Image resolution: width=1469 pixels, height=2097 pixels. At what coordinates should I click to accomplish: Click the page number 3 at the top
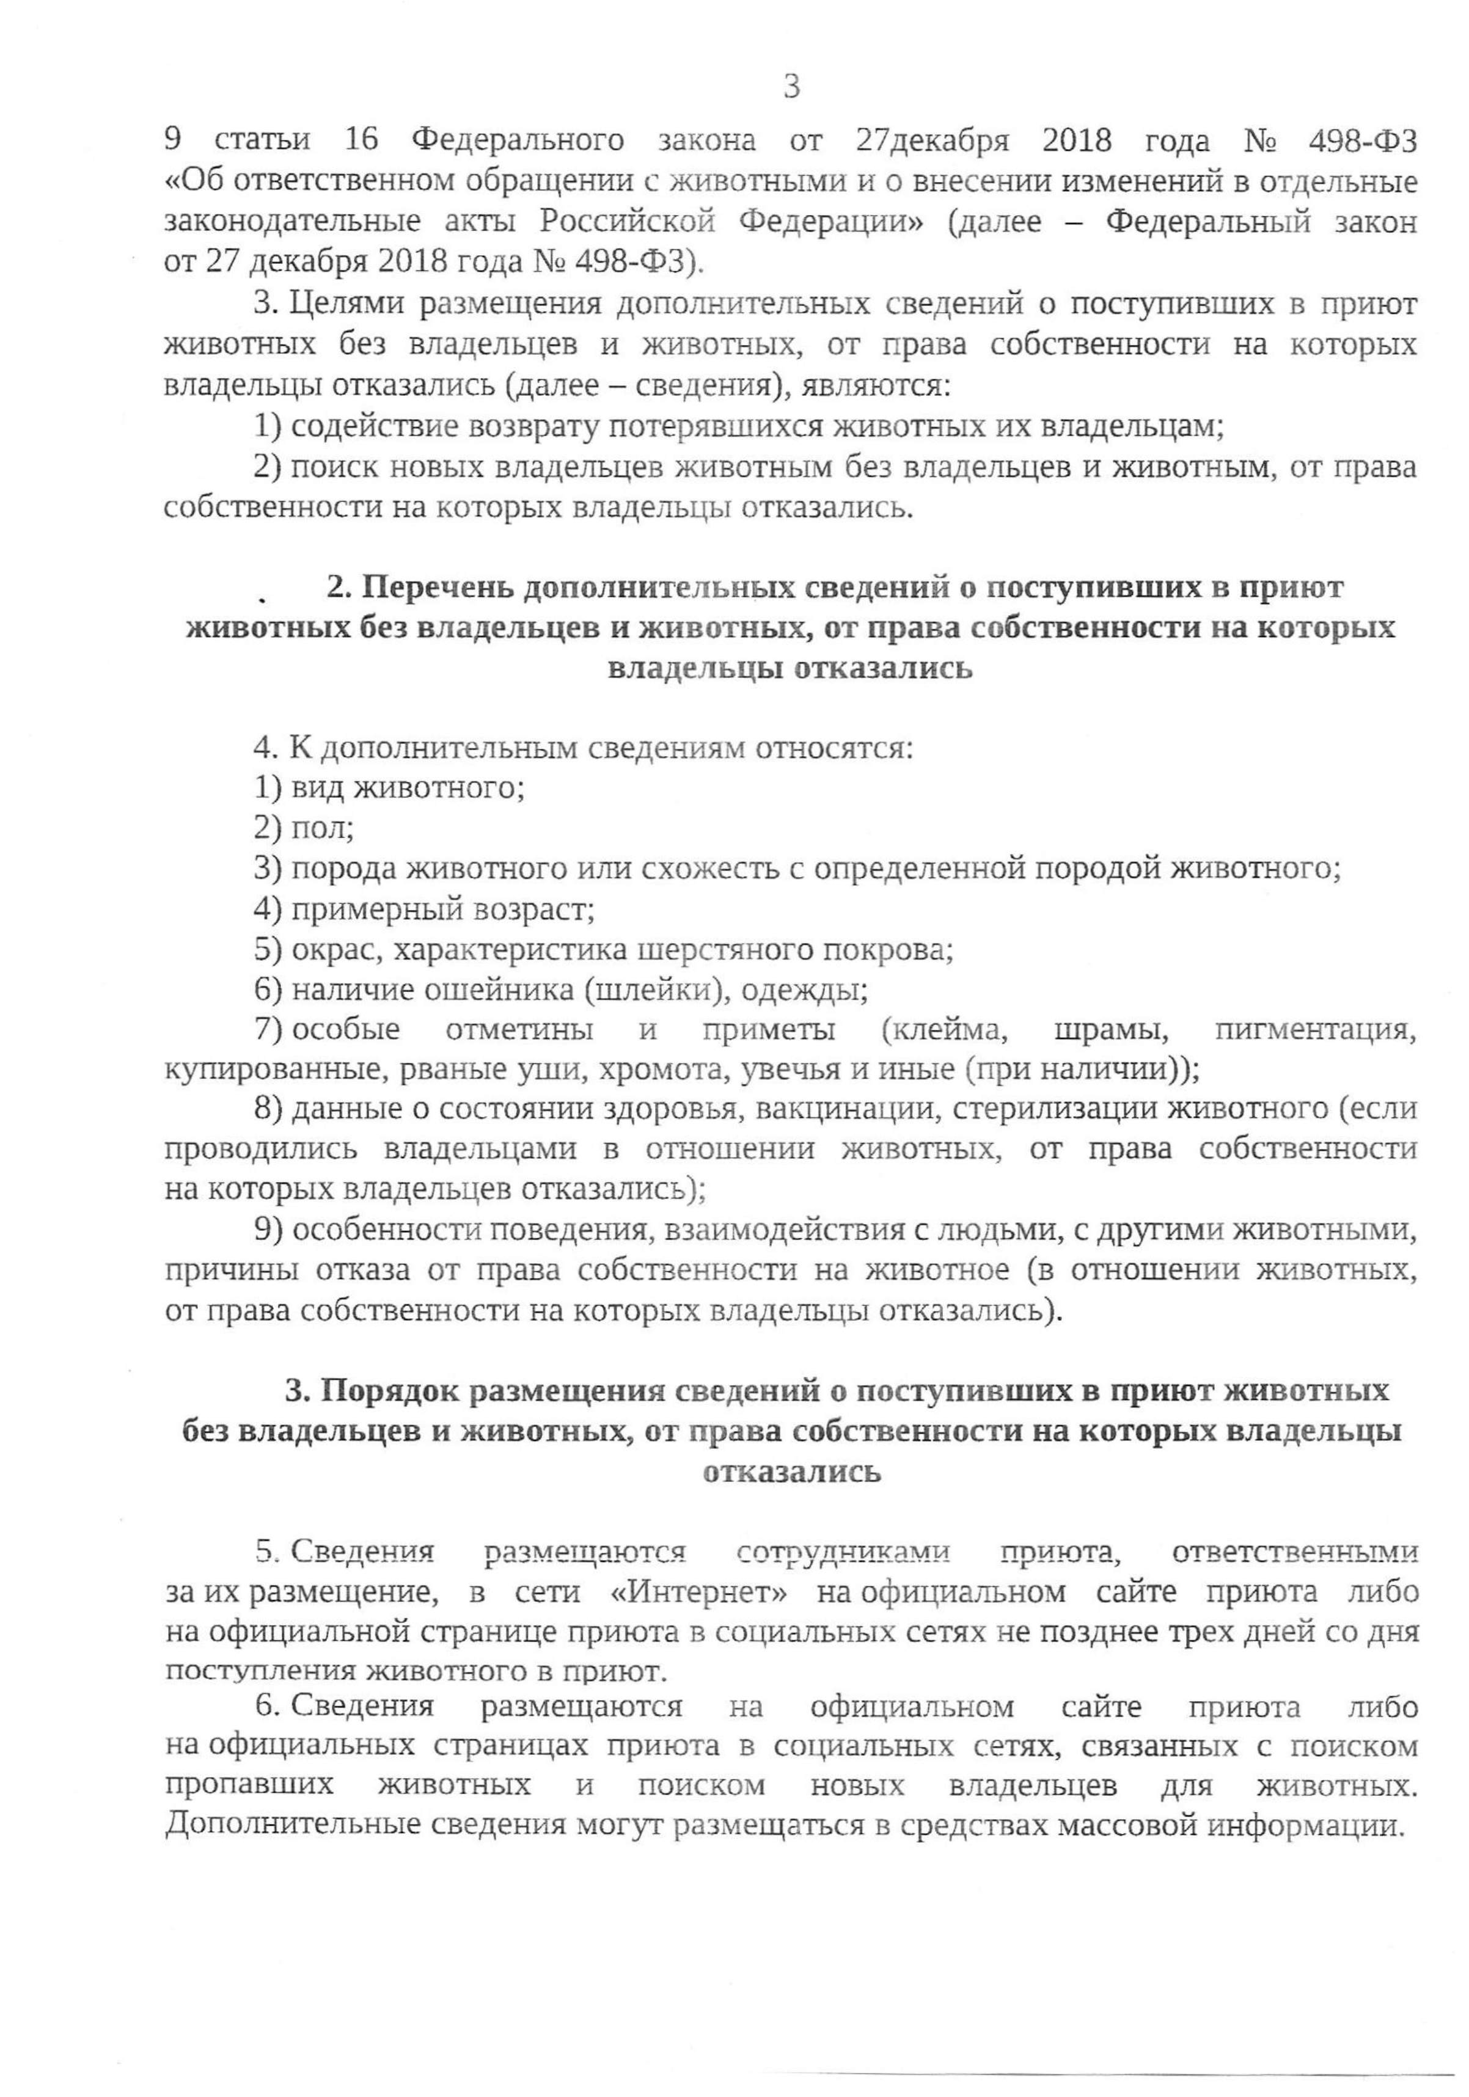(791, 88)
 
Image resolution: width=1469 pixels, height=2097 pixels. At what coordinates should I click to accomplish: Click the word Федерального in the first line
(518, 140)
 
